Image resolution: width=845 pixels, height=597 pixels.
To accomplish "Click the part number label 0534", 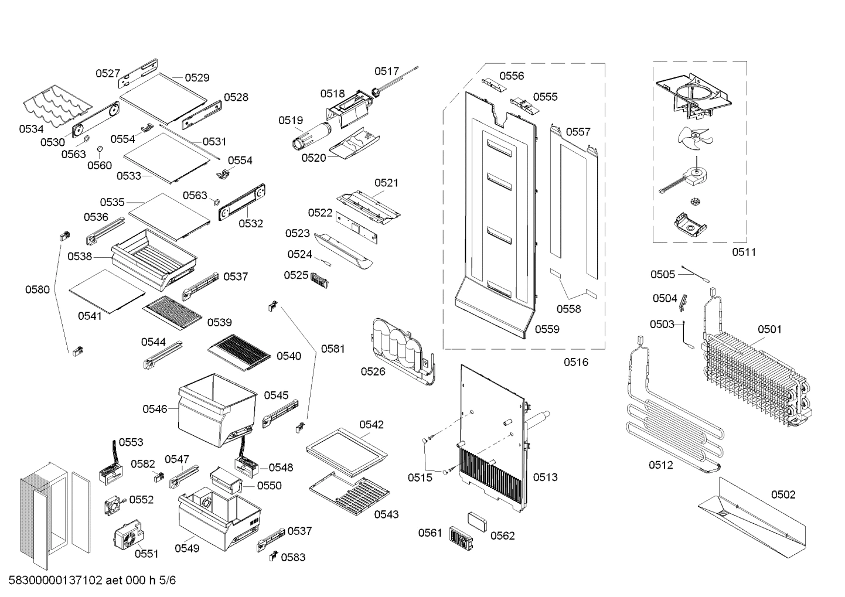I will click(x=31, y=128).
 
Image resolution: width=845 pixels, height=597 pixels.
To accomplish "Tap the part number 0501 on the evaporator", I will click(x=769, y=329).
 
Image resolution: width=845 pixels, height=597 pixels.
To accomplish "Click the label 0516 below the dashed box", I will click(x=575, y=362).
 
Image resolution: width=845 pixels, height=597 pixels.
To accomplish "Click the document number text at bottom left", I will click(x=92, y=581).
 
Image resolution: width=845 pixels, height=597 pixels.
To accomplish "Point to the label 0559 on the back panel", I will click(x=547, y=329).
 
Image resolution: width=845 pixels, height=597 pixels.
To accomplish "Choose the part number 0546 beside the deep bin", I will click(x=155, y=409).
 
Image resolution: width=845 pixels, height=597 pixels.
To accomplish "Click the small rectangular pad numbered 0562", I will click(x=478, y=520).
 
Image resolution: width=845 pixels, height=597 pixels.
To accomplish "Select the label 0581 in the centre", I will click(x=333, y=349).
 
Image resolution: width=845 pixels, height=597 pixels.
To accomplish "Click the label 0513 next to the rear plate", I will click(x=545, y=477).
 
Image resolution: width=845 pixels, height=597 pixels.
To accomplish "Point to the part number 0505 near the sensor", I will click(x=662, y=274).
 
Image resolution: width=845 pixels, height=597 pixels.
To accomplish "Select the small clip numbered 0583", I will click(x=273, y=557).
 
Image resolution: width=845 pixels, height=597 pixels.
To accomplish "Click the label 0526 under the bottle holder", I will click(x=373, y=371).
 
